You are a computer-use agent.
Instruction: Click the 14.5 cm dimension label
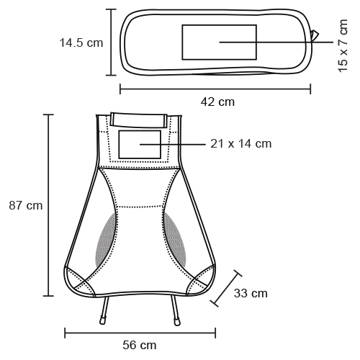point(81,43)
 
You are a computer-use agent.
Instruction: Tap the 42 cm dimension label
point(217,102)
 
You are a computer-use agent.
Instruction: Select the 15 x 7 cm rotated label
point(343,45)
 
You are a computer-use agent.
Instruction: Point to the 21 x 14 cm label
point(241,144)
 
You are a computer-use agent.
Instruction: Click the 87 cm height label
point(26,205)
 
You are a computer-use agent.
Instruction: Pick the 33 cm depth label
point(251,293)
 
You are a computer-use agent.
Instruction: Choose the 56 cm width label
point(140,345)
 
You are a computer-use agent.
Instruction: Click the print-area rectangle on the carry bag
point(219,42)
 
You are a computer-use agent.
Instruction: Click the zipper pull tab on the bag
point(315,35)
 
